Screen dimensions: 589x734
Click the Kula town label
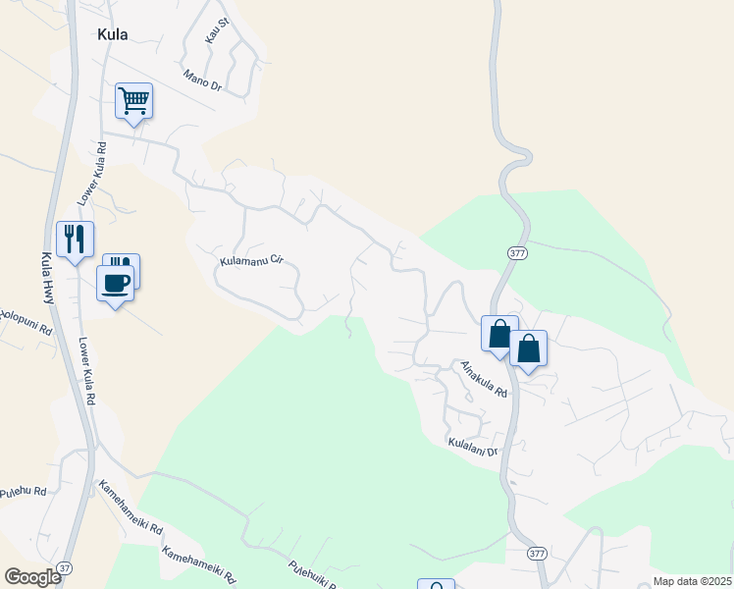pyautogui.click(x=112, y=34)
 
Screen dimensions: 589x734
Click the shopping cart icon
pyautogui.click(x=133, y=99)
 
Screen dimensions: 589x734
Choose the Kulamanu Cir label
pyautogui.click(x=251, y=261)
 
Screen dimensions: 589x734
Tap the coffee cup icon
pyautogui.click(x=115, y=283)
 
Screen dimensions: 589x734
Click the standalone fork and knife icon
pyautogui.click(x=75, y=239)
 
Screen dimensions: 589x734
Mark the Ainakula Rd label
pyautogui.click(x=484, y=379)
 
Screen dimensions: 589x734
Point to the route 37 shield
pyautogui.click(x=65, y=567)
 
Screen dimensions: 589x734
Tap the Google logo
pyautogui.click(x=33, y=576)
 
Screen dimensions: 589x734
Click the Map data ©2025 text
pyautogui.click(x=693, y=581)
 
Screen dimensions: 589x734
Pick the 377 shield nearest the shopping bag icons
pyautogui.click(x=518, y=253)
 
